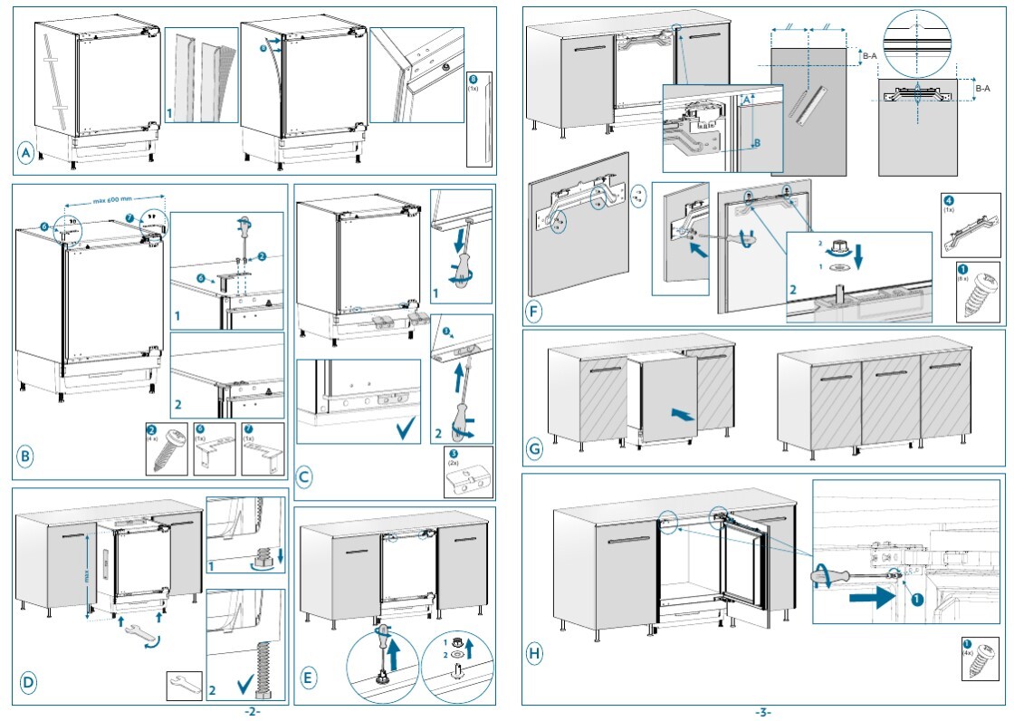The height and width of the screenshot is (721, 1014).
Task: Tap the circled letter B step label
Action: tap(25, 458)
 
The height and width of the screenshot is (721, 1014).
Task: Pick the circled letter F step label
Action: tap(534, 313)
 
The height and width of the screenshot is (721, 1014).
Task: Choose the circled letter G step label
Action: tap(534, 448)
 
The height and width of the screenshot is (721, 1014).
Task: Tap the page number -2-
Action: tap(253, 712)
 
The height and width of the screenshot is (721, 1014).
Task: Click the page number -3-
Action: tap(762, 712)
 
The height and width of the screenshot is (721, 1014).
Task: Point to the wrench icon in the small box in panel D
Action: tap(185, 685)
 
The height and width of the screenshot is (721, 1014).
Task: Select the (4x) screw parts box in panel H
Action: tap(979, 660)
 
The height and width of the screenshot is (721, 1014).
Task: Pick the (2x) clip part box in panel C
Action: tap(468, 471)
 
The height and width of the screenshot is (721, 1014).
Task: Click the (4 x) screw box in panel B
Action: tap(166, 448)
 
